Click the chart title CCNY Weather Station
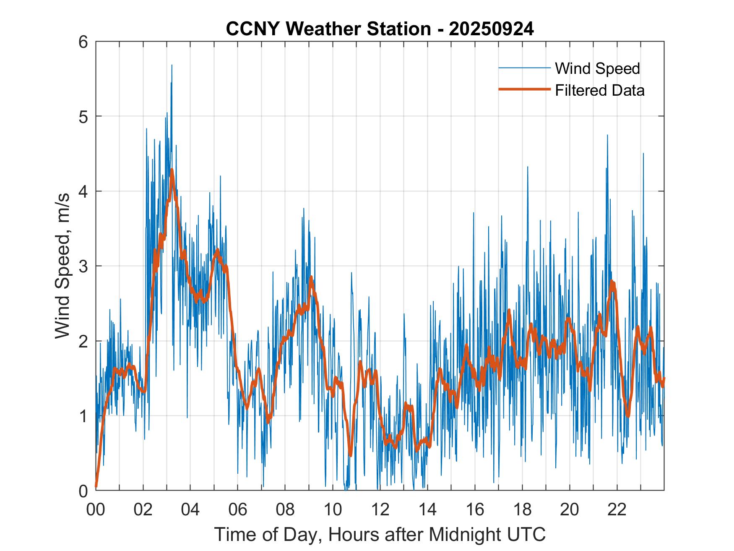coord(328,29)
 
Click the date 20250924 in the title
coord(491,29)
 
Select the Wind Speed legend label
coord(597,68)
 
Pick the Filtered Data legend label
coord(599,90)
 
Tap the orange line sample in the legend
coord(524,89)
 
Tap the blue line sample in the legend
coord(524,68)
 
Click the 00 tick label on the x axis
coord(96,509)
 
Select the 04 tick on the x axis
coord(190,509)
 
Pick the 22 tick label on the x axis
coord(617,509)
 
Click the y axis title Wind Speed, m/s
coord(62,266)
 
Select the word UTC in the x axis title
coord(528,534)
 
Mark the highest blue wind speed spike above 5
coord(172,65)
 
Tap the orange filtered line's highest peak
coord(172,170)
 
